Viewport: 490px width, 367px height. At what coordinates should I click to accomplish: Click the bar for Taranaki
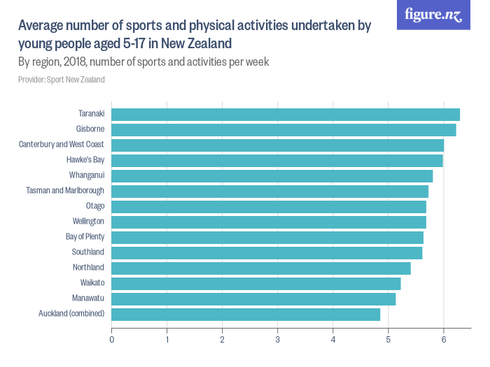coord(286,115)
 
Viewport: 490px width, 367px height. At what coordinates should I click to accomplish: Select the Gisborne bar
coord(283,130)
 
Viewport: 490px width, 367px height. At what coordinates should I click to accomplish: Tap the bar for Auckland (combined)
coord(246,315)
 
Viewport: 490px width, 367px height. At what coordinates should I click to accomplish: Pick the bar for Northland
coord(261,268)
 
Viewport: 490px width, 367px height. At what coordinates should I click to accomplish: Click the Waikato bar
coord(256,284)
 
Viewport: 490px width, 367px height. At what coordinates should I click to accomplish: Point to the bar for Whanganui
coord(272,176)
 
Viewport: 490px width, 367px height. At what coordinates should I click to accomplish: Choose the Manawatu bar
coord(253,299)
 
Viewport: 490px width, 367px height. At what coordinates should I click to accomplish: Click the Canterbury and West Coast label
coord(62,145)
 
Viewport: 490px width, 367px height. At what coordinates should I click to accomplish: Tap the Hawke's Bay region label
coord(85,160)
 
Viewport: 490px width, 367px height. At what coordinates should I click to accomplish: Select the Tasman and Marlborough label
coord(65,191)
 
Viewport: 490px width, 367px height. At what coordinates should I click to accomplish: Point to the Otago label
coord(94,206)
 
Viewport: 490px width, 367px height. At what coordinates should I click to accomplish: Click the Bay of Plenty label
coord(85,237)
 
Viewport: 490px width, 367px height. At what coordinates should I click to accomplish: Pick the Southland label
coord(87,252)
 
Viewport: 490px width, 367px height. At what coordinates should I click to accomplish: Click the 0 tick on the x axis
coord(112,340)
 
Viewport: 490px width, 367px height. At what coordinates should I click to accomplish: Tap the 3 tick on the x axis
coord(278,340)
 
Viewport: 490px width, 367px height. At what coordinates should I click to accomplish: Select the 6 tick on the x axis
coord(444,340)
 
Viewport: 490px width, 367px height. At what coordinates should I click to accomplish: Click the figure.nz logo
coord(433,15)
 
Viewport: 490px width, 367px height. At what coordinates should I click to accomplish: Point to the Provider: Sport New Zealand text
coord(62,80)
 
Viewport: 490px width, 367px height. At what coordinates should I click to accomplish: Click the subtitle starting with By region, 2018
coord(143,62)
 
